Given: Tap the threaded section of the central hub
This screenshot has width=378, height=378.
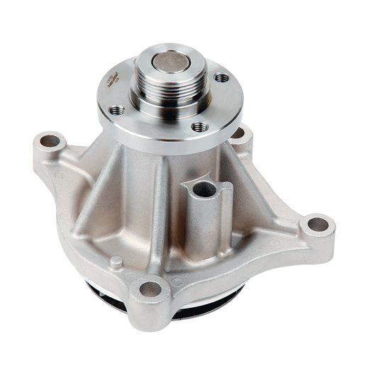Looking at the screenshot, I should point(170,87).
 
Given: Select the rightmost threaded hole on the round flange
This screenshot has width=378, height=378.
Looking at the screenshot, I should point(222,77).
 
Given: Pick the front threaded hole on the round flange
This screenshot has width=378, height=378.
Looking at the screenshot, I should point(200,127).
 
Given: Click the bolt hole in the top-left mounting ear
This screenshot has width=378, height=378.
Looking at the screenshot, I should point(50,141).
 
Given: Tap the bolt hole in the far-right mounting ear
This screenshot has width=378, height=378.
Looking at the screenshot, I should point(317,225).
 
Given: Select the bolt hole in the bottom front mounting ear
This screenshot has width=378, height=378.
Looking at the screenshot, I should point(150,289).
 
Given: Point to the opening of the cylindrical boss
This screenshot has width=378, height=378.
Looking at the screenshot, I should point(204,189).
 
